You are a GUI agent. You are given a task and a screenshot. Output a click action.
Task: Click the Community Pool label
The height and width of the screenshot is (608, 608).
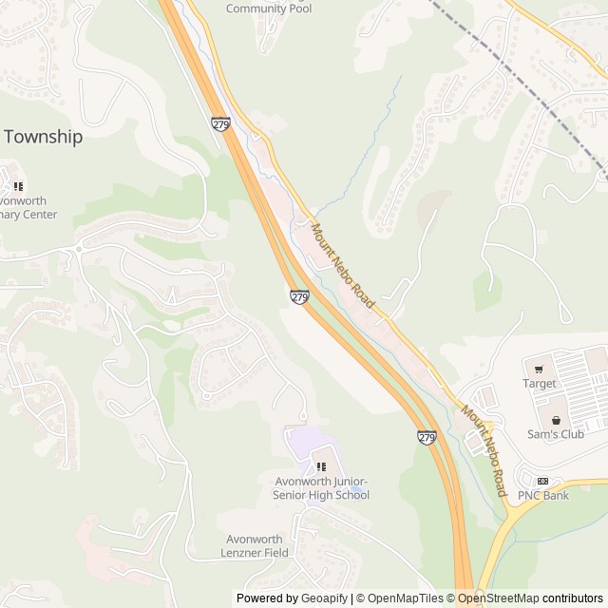click(x=269, y=9)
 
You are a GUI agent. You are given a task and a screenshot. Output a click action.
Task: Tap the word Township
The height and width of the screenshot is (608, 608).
click(x=43, y=136)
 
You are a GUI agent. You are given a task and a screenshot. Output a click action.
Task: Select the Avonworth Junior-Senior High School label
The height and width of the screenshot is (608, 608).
click(x=320, y=488)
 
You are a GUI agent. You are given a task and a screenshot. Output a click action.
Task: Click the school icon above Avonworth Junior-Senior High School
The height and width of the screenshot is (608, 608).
click(x=321, y=467)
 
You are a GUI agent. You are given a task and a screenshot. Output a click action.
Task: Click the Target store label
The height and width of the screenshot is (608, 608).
click(x=539, y=384)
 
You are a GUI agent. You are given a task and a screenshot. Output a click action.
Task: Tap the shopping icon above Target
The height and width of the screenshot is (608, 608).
click(x=539, y=369)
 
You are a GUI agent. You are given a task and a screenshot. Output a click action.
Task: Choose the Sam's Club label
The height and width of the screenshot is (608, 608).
click(x=556, y=434)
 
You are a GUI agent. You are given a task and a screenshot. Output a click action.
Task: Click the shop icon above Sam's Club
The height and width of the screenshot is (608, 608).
click(x=556, y=419)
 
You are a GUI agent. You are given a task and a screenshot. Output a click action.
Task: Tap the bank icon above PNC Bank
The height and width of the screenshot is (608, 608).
click(x=542, y=481)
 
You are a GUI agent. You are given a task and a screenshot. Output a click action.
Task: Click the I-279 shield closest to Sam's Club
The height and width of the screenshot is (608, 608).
click(x=427, y=437)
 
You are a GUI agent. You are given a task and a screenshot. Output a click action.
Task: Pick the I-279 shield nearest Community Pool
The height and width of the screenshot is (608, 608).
click(x=221, y=124)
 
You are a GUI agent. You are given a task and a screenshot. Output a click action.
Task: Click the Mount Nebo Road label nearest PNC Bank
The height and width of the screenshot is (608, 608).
click(x=484, y=450)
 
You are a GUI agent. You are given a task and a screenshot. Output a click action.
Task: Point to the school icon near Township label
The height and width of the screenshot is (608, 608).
click(x=18, y=186)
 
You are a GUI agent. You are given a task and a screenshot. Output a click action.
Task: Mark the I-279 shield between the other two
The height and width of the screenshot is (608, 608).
click(x=299, y=297)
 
